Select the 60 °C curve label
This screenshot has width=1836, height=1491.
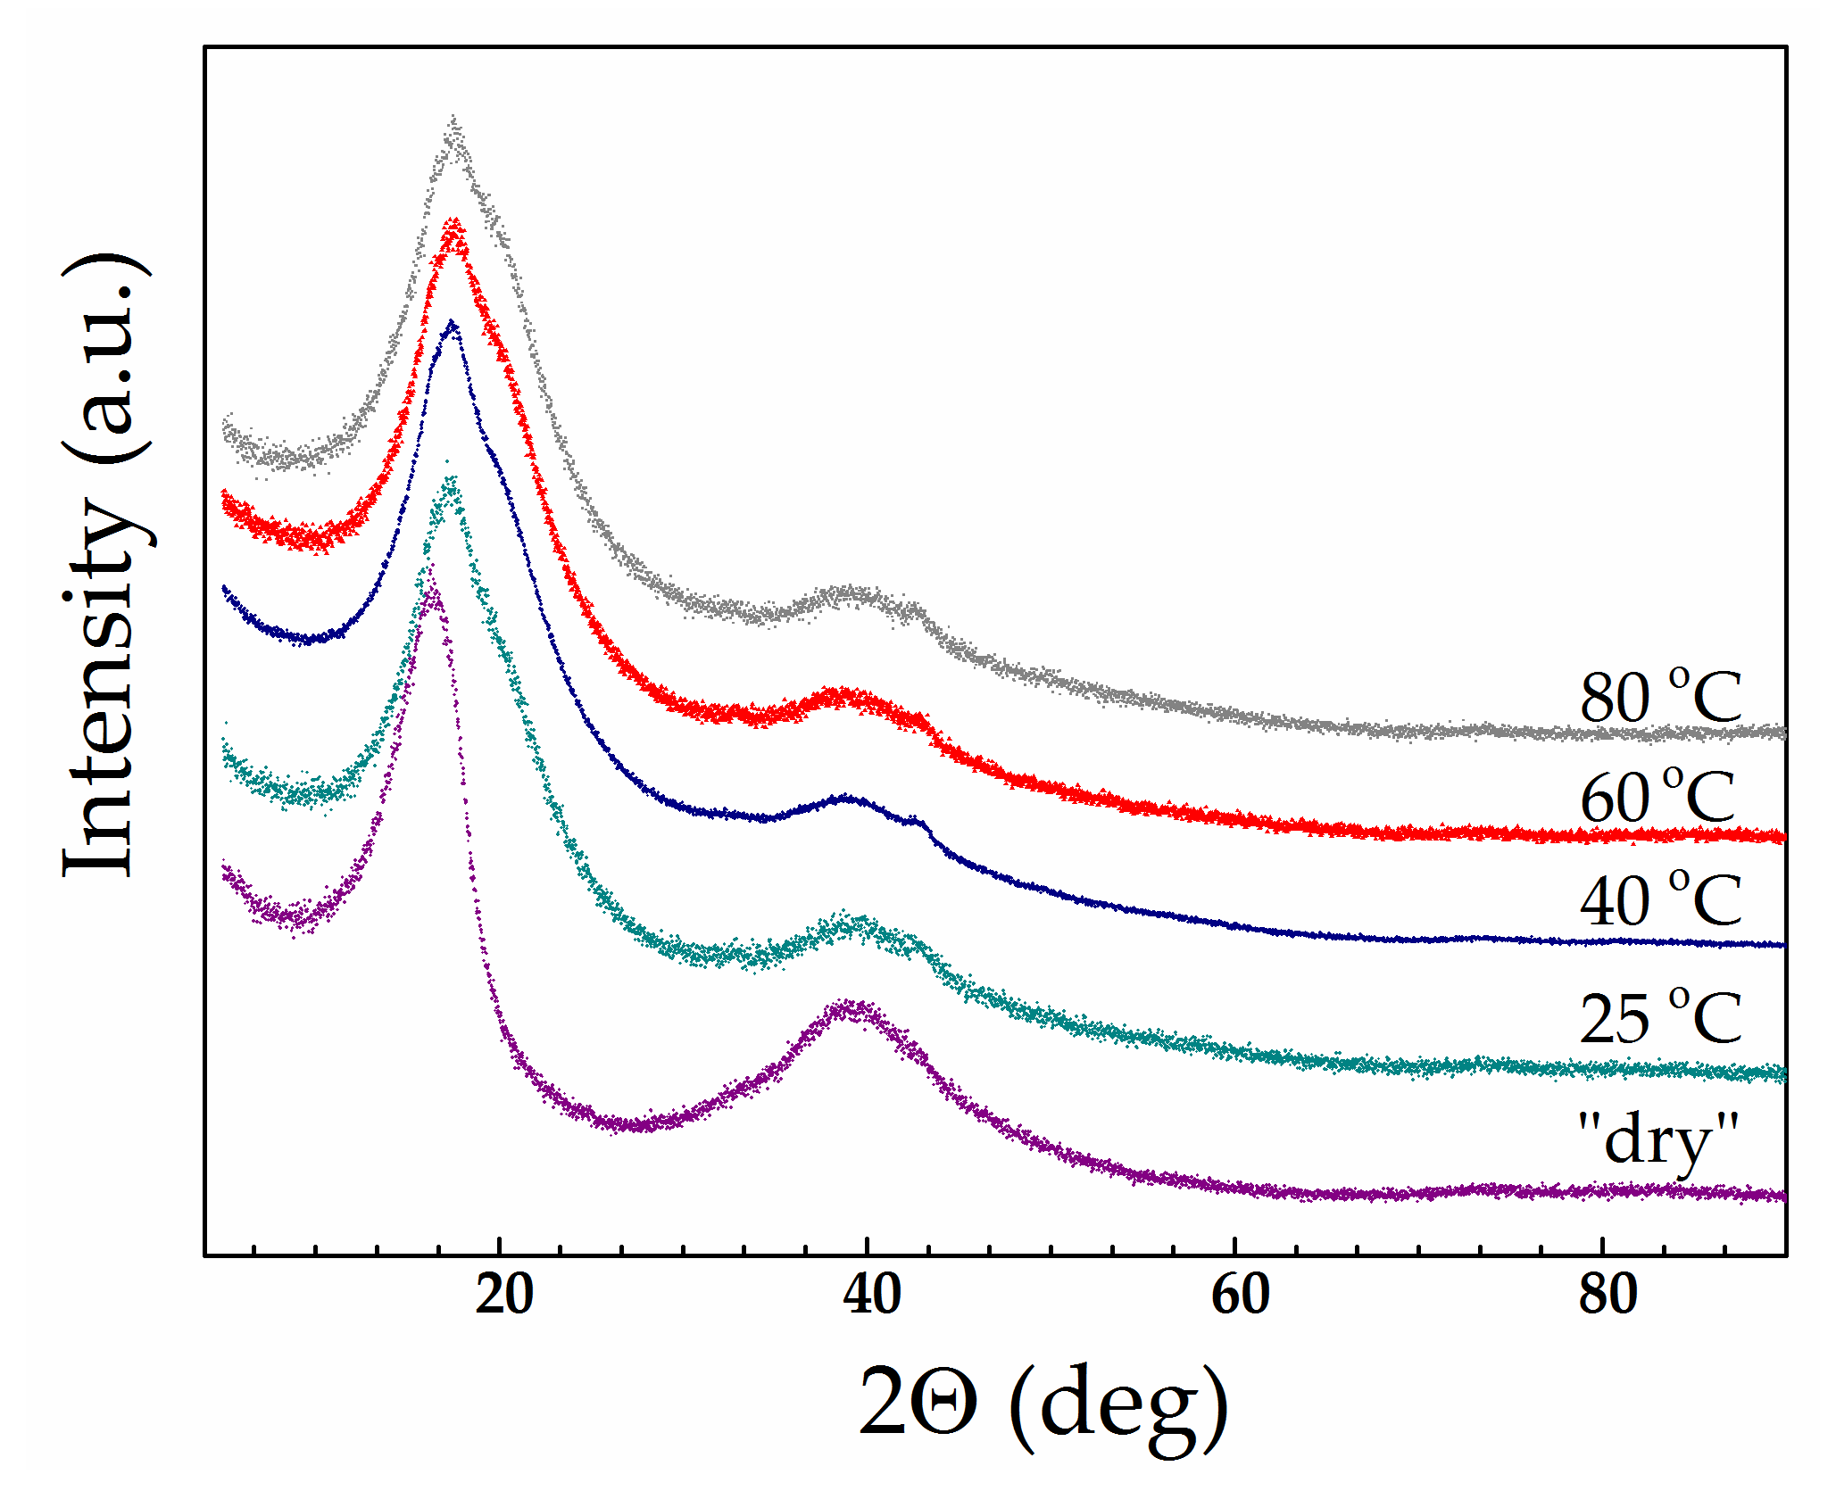(1657, 797)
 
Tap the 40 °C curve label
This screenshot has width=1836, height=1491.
(1660, 900)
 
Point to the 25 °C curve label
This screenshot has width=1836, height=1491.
(1660, 1018)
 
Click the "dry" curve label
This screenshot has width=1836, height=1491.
(1657, 1139)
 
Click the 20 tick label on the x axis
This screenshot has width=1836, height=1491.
(503, 1295)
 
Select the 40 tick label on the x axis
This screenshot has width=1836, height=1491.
(871, 1295)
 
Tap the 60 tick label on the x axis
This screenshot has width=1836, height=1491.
(1240, 1295)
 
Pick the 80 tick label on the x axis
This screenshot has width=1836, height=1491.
(1608, 1295)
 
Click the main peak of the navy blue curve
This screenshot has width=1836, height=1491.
(452, 325)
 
